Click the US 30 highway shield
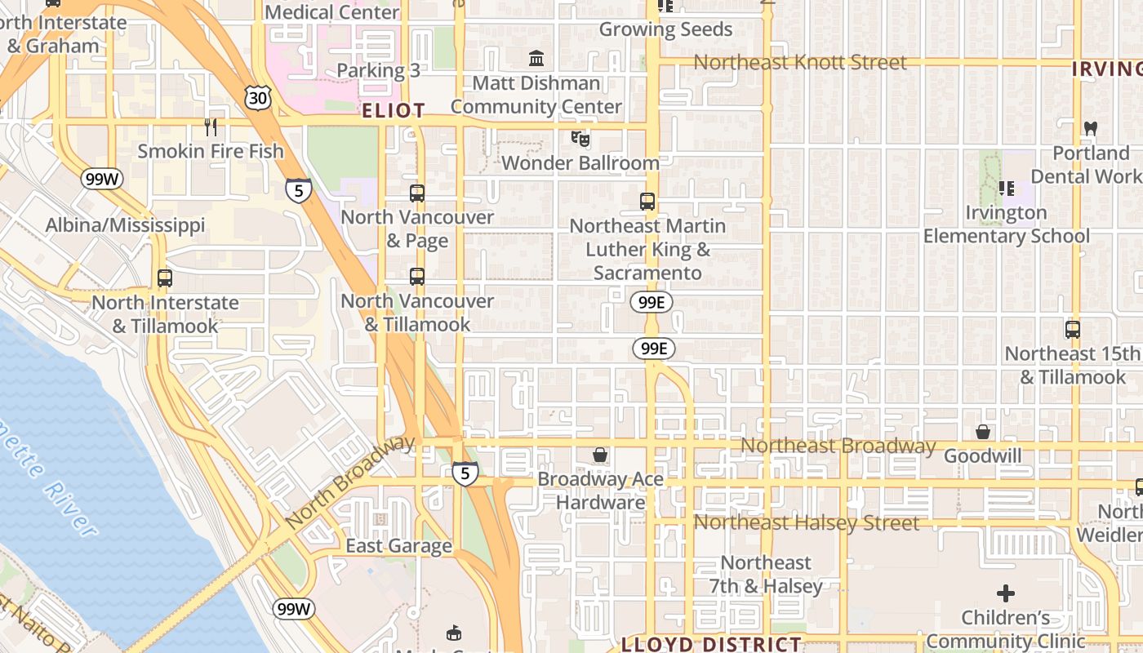(257, 98)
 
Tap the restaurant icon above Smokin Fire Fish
(211, 127)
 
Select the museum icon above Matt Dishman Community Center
(536, 58)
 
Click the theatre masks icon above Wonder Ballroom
(580, 138)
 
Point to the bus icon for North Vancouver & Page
(417, 193)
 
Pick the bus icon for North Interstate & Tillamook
(165, 278)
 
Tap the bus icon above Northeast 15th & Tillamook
(1073, 330)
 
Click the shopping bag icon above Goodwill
(983, 431)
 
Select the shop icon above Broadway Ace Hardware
(600, 454)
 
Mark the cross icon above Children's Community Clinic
(1006, 593)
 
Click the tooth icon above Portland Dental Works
(1090, 128)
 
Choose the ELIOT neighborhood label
(394, 110)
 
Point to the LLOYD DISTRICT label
(711, 644)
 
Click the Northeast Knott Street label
(800, 62)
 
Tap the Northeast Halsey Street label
(807, 522)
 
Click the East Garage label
(398, 546)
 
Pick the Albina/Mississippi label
(125, 224)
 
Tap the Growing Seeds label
(665, 29)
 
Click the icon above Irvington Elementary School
(1007, 189)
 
